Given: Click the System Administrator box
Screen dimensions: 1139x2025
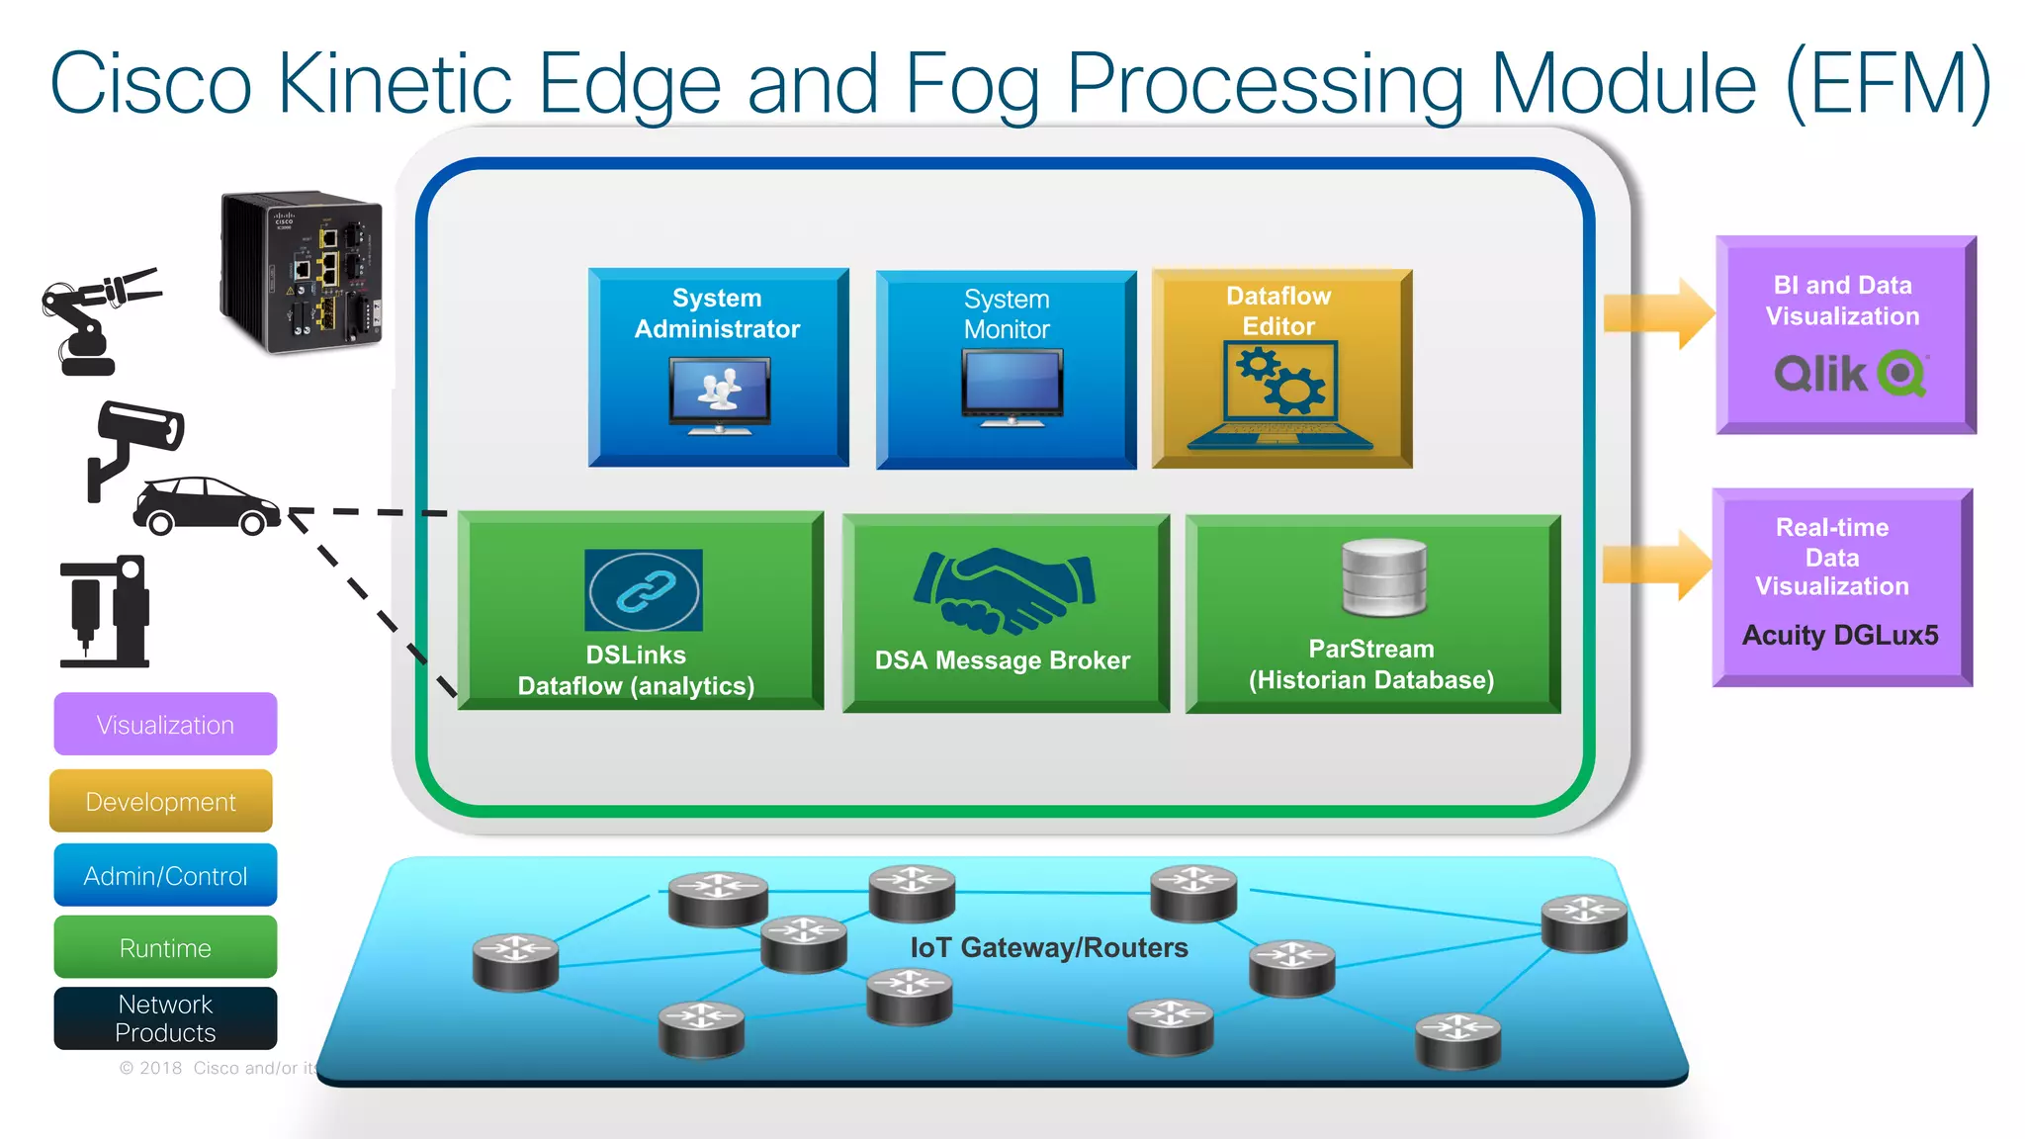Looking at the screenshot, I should (x=718, y=367).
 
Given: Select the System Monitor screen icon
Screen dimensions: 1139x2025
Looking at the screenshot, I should (x=1012, y=387).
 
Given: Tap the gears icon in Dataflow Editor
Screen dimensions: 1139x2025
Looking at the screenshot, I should (x=1280, y=381).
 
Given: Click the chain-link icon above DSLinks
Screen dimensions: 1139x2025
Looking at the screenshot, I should (x=644, y=590).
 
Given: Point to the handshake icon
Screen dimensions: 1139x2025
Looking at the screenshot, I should (x=1005, y=590).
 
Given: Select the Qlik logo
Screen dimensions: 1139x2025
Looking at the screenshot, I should (x=1849, y=374).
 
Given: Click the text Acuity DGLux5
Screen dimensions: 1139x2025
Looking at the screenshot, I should (x=1839, y=635).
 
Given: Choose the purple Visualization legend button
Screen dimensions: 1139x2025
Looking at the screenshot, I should (x=165, y=725).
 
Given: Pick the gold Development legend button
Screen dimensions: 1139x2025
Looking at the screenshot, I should (x=161, y=801).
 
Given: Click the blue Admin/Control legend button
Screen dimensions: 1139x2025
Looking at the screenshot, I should (x=165, y=875).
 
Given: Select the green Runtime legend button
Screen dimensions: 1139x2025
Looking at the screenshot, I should (x=165, y=947).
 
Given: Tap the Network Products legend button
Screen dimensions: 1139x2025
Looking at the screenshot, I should (x=165, y=1018).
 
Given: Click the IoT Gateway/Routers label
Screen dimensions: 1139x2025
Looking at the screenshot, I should (x=1048, y=947).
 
